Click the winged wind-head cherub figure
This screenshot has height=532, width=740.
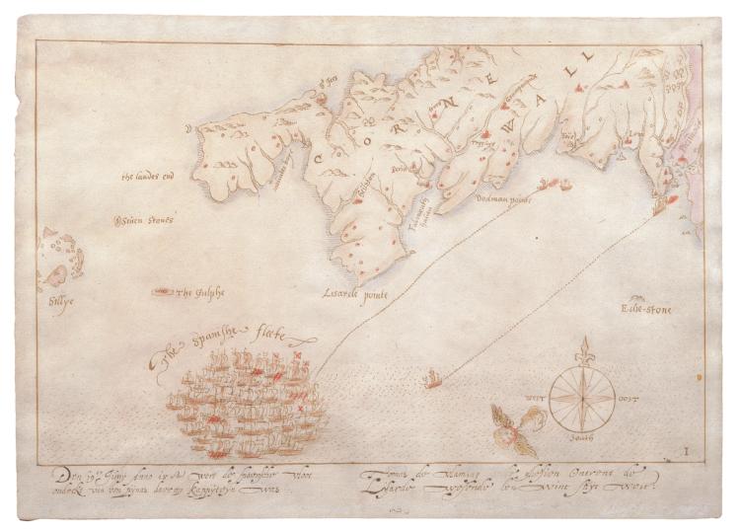click(514, 424)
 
